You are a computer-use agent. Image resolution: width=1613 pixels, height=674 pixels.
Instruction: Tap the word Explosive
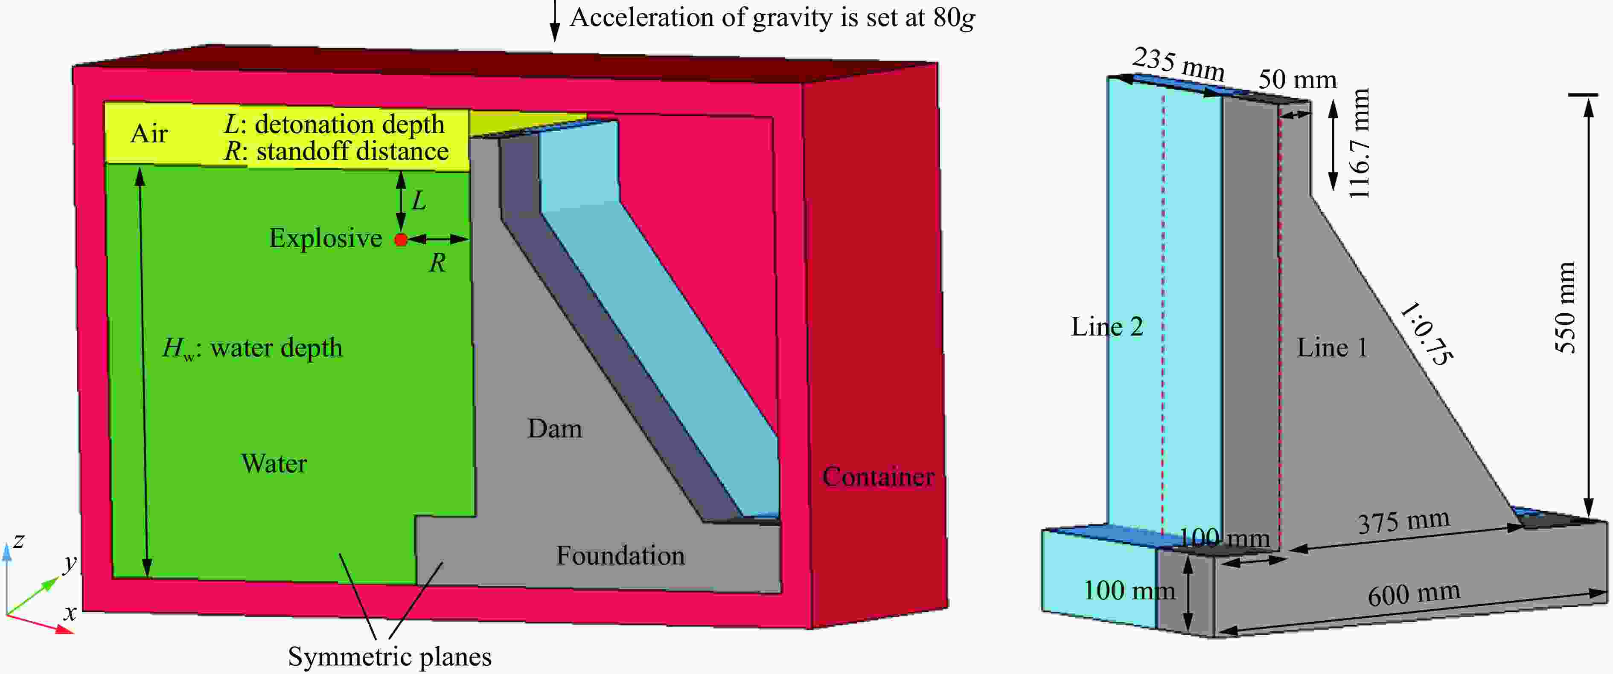[x=326, y=238]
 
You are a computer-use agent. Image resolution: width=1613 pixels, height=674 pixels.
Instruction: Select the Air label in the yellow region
[x=149, y=134]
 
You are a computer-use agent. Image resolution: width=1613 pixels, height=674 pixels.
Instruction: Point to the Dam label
[x=555, y=429]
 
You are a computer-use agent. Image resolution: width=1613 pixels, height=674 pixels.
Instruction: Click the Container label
[x=878, y=477]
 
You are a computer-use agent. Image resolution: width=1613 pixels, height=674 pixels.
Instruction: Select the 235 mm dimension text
[x=1179, y=64]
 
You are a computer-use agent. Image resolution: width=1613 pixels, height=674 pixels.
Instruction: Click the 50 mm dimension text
[x=1297, y=79]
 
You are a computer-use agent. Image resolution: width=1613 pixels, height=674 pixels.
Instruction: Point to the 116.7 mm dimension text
[x=1360, y=143]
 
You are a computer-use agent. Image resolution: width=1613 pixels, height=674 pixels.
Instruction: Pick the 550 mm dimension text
[x=1565, y=307]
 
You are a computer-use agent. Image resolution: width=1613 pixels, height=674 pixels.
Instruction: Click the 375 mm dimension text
[x=1403, y=521]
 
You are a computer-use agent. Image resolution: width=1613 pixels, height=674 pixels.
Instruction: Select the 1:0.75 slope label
[x=1426, y=333]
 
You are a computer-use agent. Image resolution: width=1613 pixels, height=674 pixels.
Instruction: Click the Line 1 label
[x=1332, y=348]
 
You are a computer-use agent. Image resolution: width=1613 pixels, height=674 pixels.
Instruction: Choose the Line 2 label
[x=1107, y=327]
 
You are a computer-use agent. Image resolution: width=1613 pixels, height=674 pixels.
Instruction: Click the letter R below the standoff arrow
[x=437, y=263]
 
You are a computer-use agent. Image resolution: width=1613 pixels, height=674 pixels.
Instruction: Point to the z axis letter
[x=19, y=541]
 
